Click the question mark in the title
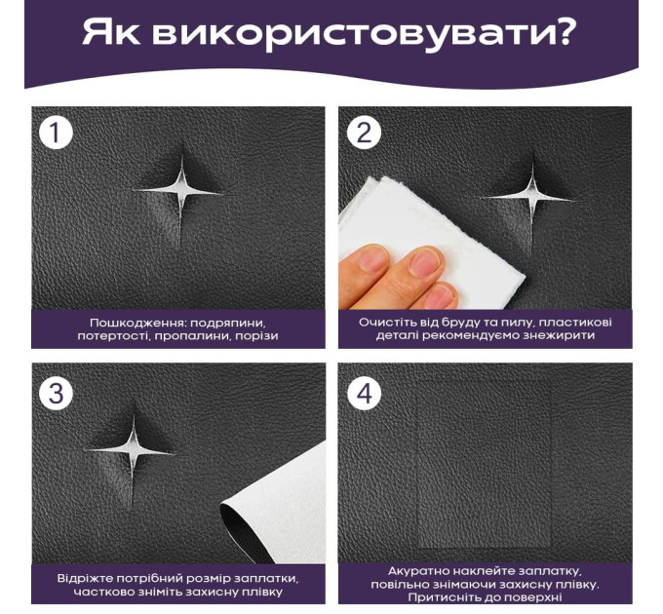pos(562,31)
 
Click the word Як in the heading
pos(110,32)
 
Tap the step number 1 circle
pos(56,133)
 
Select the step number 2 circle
pos(364,133)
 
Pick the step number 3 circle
pos(56,393)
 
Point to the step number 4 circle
pos(364,393)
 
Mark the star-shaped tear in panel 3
pos(134,451)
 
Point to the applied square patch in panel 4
pos(485,463)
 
